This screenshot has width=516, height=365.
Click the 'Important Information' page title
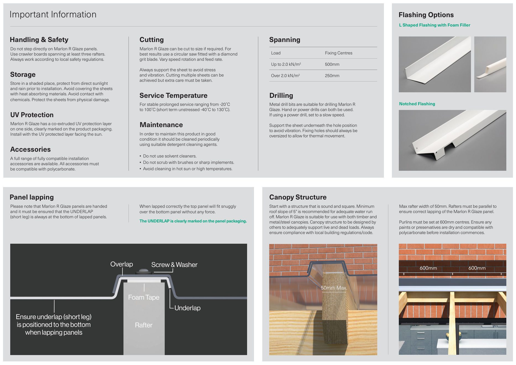(53, 14)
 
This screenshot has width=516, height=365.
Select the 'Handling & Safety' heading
(39, 40)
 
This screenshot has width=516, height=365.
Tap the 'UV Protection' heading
(32, 115)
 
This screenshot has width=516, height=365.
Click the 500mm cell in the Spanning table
(332, 64)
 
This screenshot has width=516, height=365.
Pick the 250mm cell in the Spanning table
(332, 76)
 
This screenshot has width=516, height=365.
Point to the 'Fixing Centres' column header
(338, 53)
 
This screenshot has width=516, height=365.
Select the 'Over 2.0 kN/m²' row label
(285, 76)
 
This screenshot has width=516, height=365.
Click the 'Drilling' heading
(281, 96)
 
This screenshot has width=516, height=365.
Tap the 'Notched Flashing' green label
(417, 104)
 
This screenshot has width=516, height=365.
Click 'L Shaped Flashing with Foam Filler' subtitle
(434, 25)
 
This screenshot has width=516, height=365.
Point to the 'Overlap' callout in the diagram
(121, 264)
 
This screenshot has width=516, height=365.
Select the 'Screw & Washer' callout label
(174, 265)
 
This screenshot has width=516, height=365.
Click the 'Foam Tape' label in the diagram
(144, 297)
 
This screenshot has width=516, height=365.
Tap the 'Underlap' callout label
(187, 308)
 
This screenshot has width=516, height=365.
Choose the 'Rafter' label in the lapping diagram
(144, 325)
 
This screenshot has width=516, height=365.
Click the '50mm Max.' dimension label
(334, 288)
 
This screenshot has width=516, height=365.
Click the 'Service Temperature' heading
(173, 96)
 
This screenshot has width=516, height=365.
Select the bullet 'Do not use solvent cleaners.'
(169, 156)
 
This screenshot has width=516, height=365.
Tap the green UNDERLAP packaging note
(193, 221)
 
